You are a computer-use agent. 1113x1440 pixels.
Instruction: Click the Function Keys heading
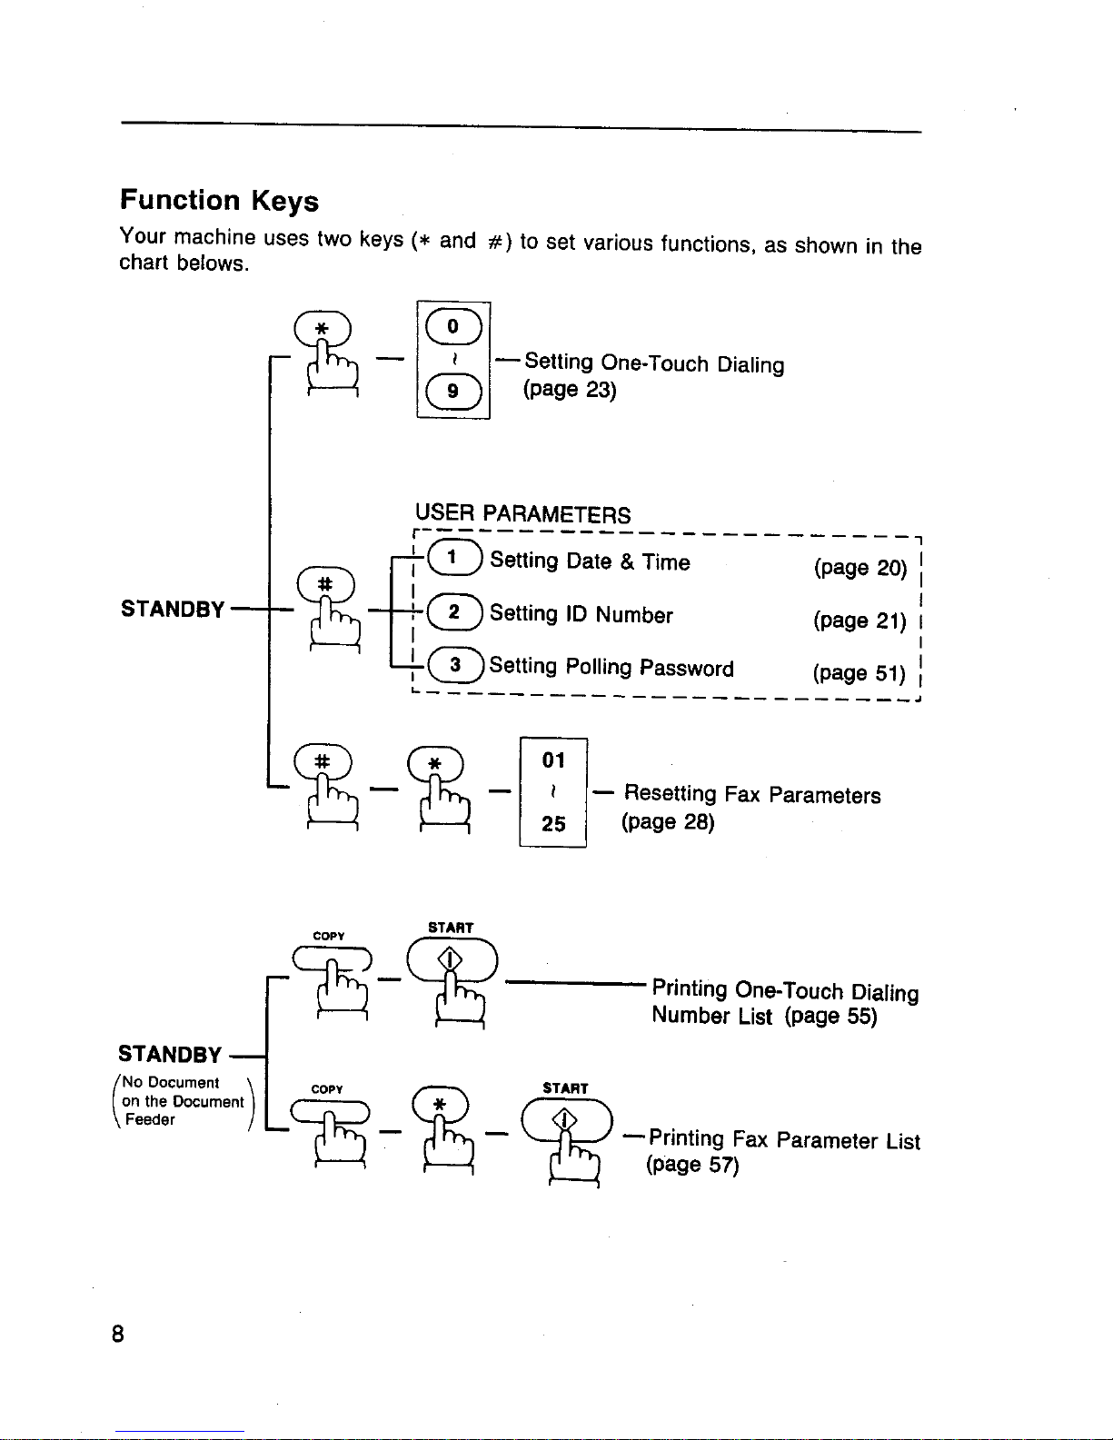point(219,200)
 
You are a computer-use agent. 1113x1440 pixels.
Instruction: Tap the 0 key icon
point(453,327)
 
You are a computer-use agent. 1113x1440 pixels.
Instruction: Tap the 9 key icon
point(453,392)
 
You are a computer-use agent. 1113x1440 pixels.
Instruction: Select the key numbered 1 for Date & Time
point(453,558)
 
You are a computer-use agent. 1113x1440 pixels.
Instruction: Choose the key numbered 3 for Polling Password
point(453,665)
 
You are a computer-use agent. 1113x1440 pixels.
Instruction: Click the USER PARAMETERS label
point(522,514)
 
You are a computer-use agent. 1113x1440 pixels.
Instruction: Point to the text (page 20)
point(860,568)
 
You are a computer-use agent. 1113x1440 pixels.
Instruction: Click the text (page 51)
point(860,673)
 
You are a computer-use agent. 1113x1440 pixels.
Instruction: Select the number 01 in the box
point(553,760)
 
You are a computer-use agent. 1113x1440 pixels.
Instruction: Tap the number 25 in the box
point(553,824)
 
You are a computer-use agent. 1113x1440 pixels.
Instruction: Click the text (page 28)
point(668,822)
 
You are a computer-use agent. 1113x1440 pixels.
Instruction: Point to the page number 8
point(117,1334)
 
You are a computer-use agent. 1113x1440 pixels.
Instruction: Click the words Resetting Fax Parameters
point(752,795)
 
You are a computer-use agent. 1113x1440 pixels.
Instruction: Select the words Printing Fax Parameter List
point(784,1140)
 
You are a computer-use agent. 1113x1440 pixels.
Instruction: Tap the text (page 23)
point(570,390)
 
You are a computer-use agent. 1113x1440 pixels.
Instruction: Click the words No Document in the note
point(171,1083)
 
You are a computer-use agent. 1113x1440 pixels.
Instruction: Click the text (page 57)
point(692,1165)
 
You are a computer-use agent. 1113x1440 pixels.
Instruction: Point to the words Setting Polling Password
point(611,668)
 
